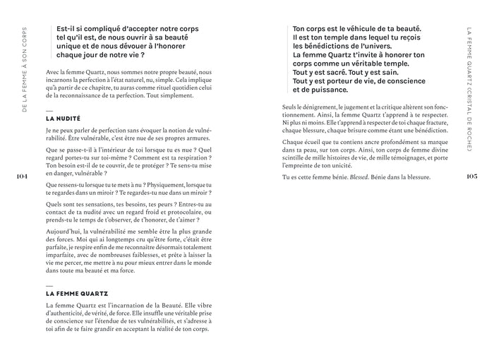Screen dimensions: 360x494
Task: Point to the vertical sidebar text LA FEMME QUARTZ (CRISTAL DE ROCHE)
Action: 471,88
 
